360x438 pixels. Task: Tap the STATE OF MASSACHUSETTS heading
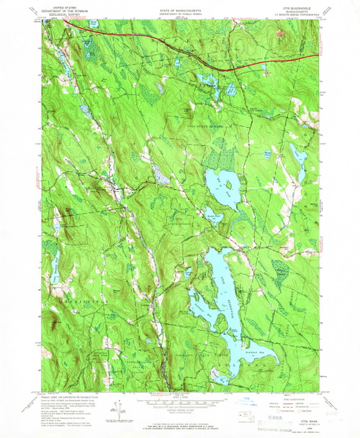[x=180, y=5]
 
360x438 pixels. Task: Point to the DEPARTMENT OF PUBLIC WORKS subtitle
[x=180, y=9]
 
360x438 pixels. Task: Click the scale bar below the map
[x=180, y=406]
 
